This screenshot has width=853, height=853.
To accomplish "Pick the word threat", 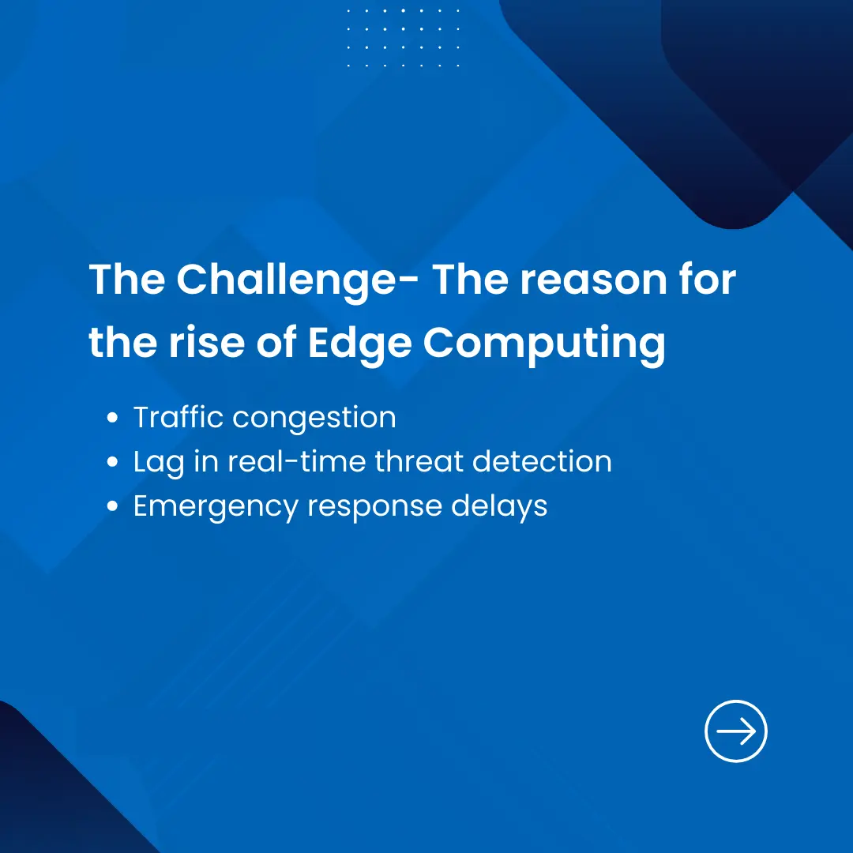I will pyautogui.click(x=419, y=461).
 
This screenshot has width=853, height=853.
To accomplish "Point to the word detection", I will pyautogui.click(x=543, y=461).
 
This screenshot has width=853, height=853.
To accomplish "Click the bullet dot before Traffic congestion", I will pyautogui.click(x=113, y=418).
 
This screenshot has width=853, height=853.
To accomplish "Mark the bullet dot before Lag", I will pyautogui.click(x=113, y=462).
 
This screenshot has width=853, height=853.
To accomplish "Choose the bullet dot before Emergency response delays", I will pyautogui.click(x=113, y=506).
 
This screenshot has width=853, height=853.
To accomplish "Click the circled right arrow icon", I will pyautogui.click(x=735, y=731).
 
